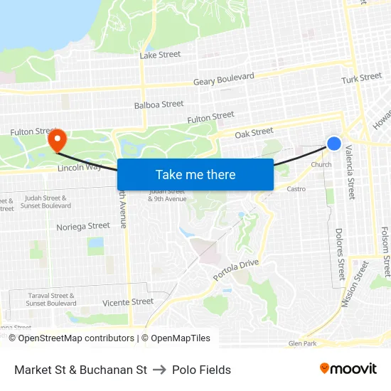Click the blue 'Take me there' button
pyautogui.click(x=195, y=174)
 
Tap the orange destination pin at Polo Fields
pyautogui.click(x=57, y=138)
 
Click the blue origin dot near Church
pyautogui.click(x=333, y=144)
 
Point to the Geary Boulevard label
pyautogui.click(x=224, y=80)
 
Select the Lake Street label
pyautogui.click(x=160, y=55)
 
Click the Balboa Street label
pyautogui.click(x=159, y=105)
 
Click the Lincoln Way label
pyautogui.click(x=80, y=168)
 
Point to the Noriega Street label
pyautogui.click(x=83, y=226)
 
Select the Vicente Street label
pyautogui.click(x=128, y=301)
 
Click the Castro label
pyautogui.click(x=296, y=189)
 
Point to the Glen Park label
pyautogui.click(x=302, y=343)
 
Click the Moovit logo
pyautogui.click(x=348, y=369)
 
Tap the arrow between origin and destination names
pyautogui.click(x=159, y=370)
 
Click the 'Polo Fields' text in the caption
pyautogui.click(x=201, y=370)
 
